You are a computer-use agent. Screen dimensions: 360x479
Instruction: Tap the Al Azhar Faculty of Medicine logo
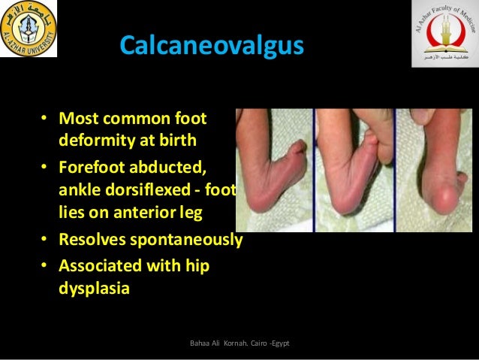tap(444, 34)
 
